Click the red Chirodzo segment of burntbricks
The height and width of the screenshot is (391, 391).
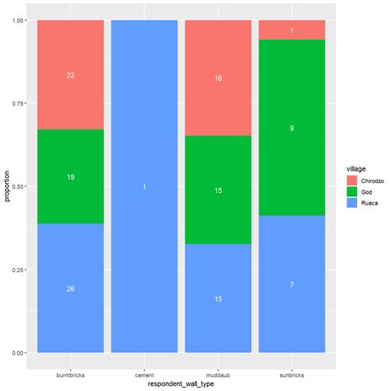pyautogui.click(x=70, y=75)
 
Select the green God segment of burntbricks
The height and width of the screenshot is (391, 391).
pyautogui.click(x=70, y=177)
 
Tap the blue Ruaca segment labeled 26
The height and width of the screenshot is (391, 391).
pyautogui.click(x=70, y=288)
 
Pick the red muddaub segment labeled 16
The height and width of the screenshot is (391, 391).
pyautogui.click(x=218, y=78)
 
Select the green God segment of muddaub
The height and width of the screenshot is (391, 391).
pyautogui.click(x=218, y=191)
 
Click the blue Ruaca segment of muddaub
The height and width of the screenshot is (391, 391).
pyautogui.click(x=218, y=299)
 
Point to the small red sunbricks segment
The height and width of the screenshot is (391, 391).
pyautogui.click(x=291, y=30)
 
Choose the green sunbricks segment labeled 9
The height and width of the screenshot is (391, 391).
pyautogui.click(x=291, y=128)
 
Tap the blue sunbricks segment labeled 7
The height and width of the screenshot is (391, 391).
pyautogui.click(x=291, y=284)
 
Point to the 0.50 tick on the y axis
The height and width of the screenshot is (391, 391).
pyautogui.click(x=19, y=186)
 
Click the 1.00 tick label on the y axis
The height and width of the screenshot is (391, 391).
pyautogui.click(x=19, y=21)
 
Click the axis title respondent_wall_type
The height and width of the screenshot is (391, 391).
pyautogui.click(x=181, y=384)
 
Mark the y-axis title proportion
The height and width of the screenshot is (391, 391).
pyautogui.click(x=6, y=186)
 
